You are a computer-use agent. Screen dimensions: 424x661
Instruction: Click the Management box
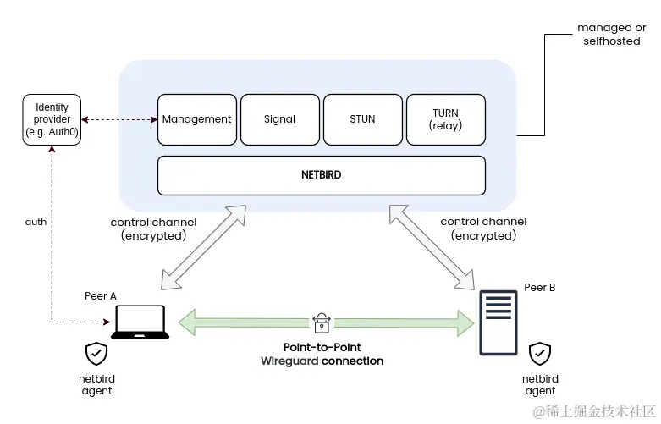[196, 119]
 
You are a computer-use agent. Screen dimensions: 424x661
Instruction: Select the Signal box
[279, 119]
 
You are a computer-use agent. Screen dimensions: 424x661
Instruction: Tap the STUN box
[362, 119]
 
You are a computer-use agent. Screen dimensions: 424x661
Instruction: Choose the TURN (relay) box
[446, 119]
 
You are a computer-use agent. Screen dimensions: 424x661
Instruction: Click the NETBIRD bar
[322, 175]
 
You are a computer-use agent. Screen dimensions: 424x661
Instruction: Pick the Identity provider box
[52, 119]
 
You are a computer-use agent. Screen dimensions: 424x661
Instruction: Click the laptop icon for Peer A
[141, 322]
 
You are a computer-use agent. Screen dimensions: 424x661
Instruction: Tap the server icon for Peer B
[498, 323]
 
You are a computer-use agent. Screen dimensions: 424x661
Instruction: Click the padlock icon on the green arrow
[322, 322]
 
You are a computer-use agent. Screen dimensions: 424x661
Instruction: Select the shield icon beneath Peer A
[96, 354]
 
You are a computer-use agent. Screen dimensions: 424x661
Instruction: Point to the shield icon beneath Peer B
[540, 354]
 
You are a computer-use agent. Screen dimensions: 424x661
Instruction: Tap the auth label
[36, 222]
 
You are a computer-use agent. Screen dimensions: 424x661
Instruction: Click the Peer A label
[101, 295]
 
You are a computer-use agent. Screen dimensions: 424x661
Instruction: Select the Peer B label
[540, 288]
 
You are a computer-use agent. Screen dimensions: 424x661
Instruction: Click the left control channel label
[153, 229]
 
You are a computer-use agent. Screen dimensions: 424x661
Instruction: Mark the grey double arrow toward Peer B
[432, 246]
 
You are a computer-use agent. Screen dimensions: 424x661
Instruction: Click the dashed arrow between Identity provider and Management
[119, 119]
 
